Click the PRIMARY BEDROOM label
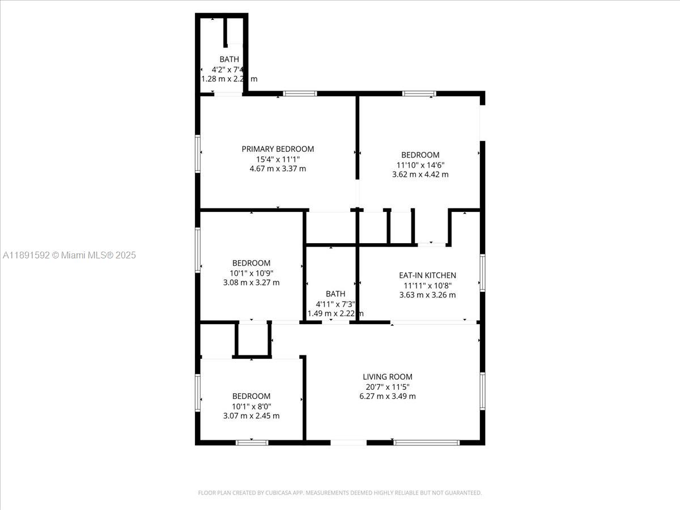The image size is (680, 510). [278, 149]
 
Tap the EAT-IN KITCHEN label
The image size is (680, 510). [427, 275]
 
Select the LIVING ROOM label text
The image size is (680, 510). [388, 377]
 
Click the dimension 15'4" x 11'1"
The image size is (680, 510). [278, 159]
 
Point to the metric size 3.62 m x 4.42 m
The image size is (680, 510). [420, 175]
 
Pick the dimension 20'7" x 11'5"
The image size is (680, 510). [388, 386]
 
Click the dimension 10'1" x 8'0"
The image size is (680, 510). [251, 406]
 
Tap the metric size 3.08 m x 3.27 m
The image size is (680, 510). [251, 282]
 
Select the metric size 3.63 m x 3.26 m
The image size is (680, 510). [427, 295]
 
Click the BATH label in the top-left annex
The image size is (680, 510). [229, 59]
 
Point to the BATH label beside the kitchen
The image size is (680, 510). [335, 294]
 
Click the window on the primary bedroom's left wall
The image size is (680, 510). [198, 153]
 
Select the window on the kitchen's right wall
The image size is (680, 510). [482, 273]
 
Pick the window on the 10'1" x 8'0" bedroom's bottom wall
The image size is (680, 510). [252, 442]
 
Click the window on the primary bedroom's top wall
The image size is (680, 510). [300, 93]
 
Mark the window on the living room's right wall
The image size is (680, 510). [482, 391]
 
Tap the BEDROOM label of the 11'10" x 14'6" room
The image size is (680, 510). [420, 155]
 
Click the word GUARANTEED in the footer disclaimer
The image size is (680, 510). [463, 493]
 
